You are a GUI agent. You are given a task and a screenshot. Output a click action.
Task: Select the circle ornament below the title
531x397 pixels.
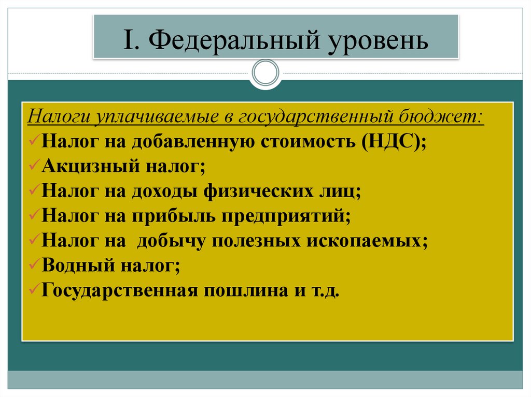click(265, 72)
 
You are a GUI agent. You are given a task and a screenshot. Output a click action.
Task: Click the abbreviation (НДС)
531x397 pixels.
click(394, 141)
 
